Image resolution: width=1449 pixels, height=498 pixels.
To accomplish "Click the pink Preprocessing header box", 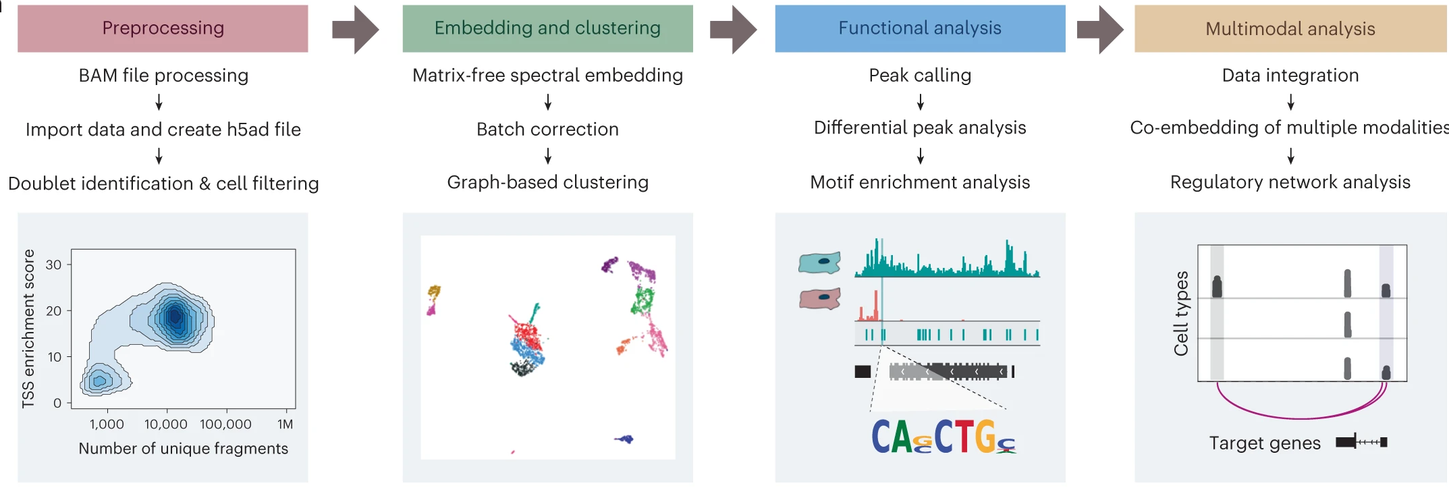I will [x=163, y=28].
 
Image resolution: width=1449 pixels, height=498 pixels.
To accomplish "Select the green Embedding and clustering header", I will [x=547, y=28].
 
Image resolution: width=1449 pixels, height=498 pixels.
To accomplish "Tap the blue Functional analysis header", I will [x=920, y=28].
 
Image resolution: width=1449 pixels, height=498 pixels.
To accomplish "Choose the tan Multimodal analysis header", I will [x=1290, y=29].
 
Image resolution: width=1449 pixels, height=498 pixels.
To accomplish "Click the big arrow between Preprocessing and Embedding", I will [x=355, y=30].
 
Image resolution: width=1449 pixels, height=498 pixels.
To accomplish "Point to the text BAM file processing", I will [x=163, y=76].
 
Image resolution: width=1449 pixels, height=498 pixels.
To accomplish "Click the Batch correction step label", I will [x=547, y=129].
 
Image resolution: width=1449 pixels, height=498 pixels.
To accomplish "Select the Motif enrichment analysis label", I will [x=920, y=182].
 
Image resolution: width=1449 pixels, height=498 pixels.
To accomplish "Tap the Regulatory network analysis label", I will [x=1290, y=182].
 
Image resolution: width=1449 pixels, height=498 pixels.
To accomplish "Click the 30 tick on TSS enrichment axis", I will [x=53, y=265].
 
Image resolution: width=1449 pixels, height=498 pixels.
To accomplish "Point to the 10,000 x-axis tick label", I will [x=166, y=424].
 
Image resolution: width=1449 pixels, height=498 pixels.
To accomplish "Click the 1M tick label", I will [x=285, y=424].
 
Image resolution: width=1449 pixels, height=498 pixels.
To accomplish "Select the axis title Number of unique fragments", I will [x=183, y=449].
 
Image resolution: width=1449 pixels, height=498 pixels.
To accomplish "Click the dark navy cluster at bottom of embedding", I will [x=625, y=439].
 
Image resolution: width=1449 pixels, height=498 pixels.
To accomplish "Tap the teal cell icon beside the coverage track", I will [x=819, y=262].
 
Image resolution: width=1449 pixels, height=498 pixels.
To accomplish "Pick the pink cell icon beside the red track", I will [x=819, y=298].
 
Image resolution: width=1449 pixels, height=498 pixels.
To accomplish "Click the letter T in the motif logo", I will [x=964, y=437].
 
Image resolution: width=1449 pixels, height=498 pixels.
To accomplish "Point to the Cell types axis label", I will [x=1181, y=313].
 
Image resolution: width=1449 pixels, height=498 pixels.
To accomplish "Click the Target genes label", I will [x=1264, y=443].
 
